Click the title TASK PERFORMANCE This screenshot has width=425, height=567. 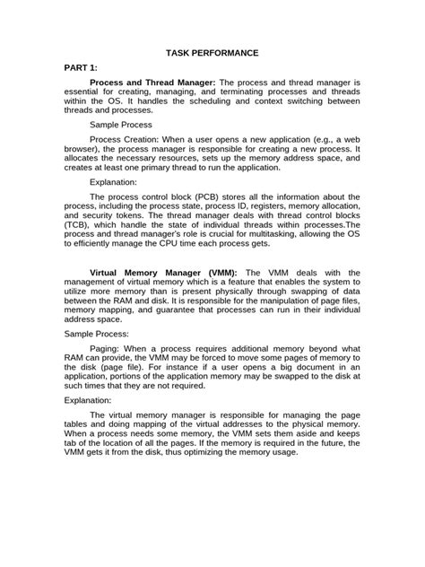click(212, 54)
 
